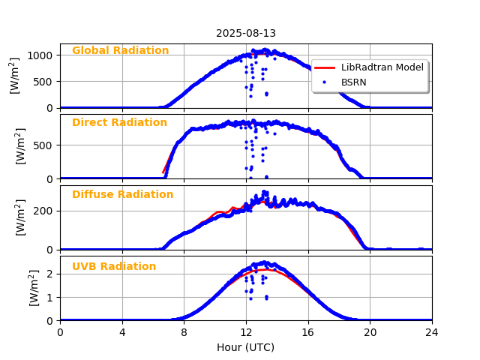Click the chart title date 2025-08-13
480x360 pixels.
[246, 34]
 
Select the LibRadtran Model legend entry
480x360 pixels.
[382, 67]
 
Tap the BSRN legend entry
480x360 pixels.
[354, 82]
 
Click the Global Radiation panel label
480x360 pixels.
[120, 51]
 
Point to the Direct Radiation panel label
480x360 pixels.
[119, 123]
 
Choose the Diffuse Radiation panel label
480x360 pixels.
[122, 195]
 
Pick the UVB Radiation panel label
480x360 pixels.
[114, 267]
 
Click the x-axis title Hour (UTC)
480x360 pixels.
[246, 347]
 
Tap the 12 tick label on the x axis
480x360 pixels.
[246, 332]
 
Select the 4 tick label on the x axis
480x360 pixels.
[122, 332]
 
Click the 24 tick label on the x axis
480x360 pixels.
[432, 332]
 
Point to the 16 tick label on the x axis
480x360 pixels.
[308, 332]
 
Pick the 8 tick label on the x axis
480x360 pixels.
[184, 332]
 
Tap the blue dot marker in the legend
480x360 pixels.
[324, 82]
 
